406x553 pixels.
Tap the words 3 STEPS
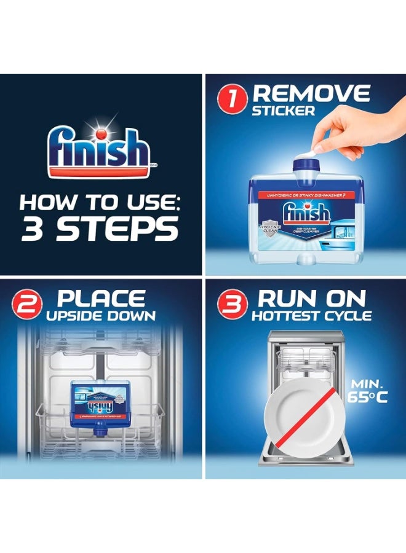point(100,229)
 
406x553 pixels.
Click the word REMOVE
point(311,93)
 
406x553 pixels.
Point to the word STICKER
point(284,112)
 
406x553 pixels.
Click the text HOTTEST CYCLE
point(311,316)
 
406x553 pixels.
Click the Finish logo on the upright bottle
point(306,215)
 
